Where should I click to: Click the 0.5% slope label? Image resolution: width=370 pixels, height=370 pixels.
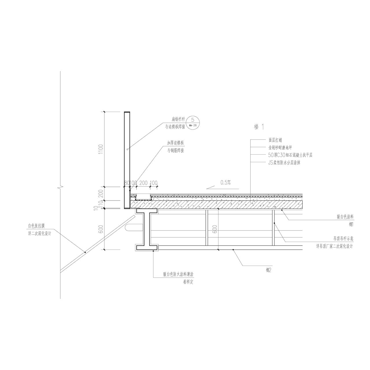pyautogui.click(x=225, y=182)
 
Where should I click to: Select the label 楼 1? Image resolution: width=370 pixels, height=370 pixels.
pyautogui.click(x=259, y=126)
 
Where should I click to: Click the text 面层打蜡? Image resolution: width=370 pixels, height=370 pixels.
pyautogui.click(x=275, y=140)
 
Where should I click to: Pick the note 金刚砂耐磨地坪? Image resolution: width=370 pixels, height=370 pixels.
pyautogui.click(x=280, y=148)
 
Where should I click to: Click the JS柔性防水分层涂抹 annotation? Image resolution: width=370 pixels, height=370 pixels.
pyautogui.click(x=284, y=163)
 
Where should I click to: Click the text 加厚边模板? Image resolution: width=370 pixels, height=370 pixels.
pyautogui.click(x=175, y=143)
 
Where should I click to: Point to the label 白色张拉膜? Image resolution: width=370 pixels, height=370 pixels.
pyautogui.click(x=36, y=226)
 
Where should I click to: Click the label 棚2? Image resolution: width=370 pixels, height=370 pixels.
pyautogui.click(x=269, y=270)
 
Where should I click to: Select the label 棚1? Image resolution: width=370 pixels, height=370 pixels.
pyautogui.click(x=351, y=224)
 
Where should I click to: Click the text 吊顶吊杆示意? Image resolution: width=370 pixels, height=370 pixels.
pyautogui.click(x=343, y=239)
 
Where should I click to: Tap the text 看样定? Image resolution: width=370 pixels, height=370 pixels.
pyautogui.click(x=188, y=282)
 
